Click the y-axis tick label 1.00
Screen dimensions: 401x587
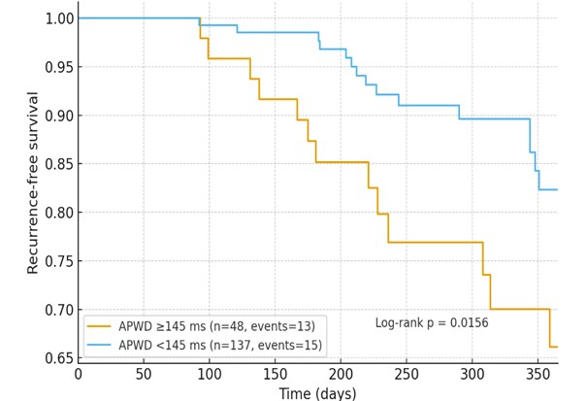point(56,18)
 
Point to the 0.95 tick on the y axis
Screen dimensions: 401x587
point(56,67)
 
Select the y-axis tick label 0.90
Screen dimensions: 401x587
point(56,116)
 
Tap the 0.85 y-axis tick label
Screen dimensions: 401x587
point(56,164)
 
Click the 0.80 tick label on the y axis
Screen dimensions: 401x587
point(56,213)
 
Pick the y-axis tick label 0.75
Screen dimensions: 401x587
point(56,261)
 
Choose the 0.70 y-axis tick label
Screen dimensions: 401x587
point(56,310)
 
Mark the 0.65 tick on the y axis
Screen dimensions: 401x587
point(56,358)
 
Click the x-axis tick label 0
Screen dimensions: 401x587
point(79,375)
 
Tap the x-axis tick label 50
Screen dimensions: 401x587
point(144,375)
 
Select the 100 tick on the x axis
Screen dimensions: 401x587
point(210,375)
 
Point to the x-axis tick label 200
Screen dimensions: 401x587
point(341,375)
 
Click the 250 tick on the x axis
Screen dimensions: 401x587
point(407,375)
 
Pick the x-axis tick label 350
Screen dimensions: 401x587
point(538,375)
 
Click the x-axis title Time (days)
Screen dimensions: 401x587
point(317,393)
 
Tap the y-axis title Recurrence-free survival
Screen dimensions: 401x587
point(33,183)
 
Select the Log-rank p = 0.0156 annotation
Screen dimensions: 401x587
point(432,322)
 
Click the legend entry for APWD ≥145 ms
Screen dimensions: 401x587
point(217,326)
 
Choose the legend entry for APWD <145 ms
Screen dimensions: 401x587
point(220,345)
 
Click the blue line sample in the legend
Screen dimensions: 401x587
point(100,345)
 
